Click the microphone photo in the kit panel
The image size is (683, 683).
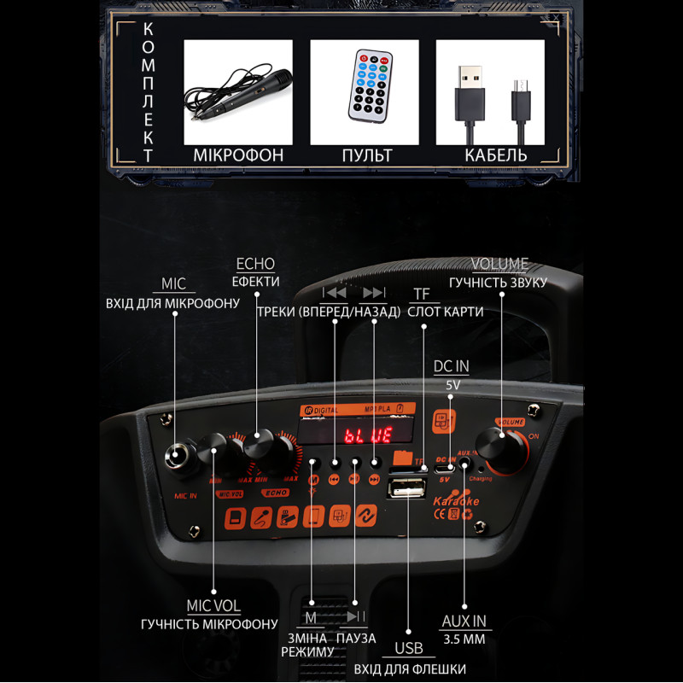point(238,92)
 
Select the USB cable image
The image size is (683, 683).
point(490,92)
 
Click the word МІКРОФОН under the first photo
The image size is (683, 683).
point(238,155)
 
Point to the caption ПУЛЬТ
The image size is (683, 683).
point(367,155)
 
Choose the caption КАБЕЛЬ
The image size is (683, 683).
point(496,155)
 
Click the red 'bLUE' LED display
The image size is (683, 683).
point(368,435)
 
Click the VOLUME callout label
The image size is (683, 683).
point(499,264)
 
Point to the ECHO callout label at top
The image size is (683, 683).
point(255,264)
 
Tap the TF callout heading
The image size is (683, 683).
point(422,294)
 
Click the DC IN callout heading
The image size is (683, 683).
point(452,366)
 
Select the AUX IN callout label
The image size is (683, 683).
point(464,621)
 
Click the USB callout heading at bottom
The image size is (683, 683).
point(409,649)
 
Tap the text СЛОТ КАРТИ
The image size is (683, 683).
point(446,312)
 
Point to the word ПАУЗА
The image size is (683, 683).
point(356,638)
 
